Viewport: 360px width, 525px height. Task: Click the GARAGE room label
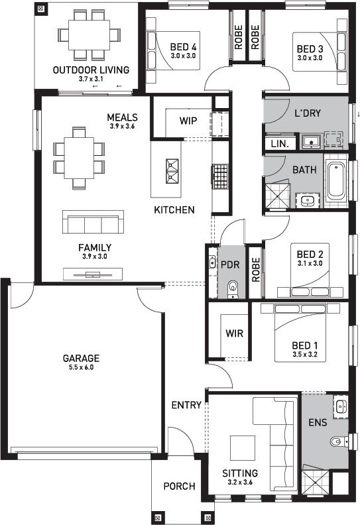tap(81, 358)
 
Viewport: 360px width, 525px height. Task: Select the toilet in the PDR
tap(232, 289)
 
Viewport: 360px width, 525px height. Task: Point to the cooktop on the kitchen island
tap(173, 171)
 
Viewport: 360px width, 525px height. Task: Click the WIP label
tap(188, 121)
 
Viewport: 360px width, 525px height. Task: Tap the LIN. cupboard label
tap(280, 144)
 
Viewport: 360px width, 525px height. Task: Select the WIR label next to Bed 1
tap(234, 333)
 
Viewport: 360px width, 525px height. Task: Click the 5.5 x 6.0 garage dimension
tap(81, 367)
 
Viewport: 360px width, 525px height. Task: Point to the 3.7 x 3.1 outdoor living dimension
tap(91, 79)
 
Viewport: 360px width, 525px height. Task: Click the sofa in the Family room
tap(93, 222)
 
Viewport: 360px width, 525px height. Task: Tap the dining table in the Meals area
tap(79, 158)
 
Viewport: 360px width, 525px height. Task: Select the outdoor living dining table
tap(89, 35)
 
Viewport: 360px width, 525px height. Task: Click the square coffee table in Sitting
tap(243, 448)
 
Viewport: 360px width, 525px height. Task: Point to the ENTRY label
tap(186, 405)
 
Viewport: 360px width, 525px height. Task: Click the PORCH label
tap(179, 486)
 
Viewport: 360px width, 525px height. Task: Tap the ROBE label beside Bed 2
tap(255, 270)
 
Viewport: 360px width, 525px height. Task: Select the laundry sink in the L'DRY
tap(312, 142)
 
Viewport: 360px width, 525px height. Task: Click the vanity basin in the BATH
tap(308, 201)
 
